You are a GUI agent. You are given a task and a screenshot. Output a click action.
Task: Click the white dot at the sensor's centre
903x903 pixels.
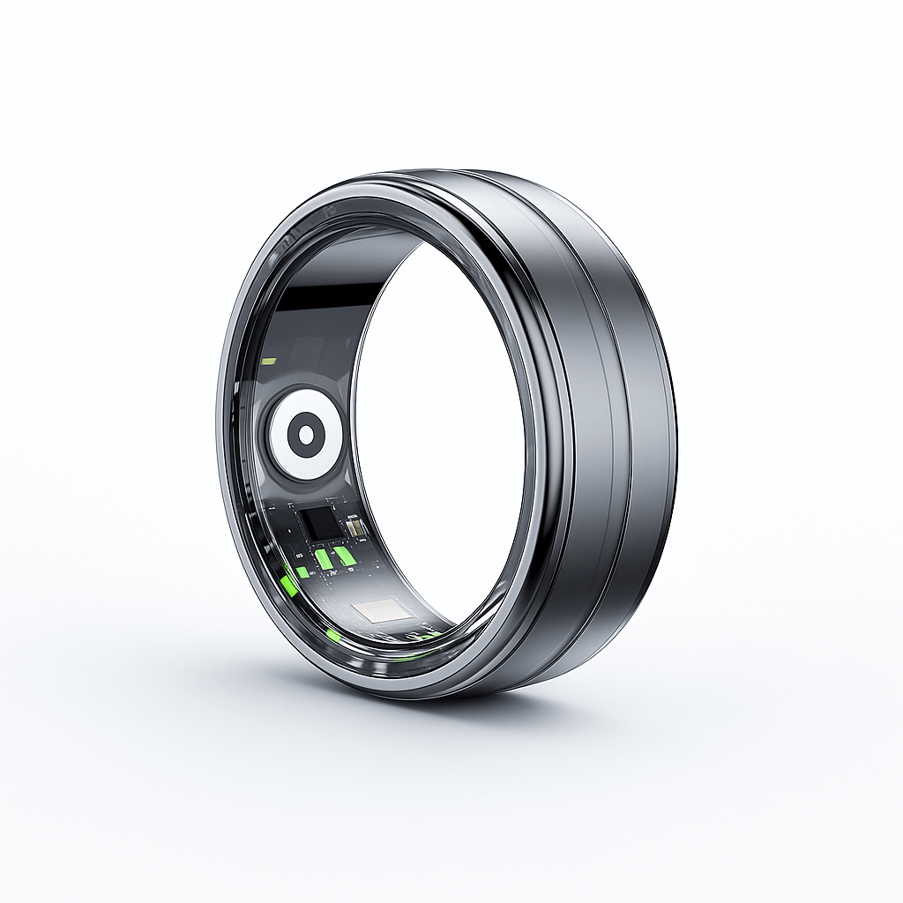click(305, 434)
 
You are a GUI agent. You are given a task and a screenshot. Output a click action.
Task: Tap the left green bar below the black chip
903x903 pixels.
click(324, 557)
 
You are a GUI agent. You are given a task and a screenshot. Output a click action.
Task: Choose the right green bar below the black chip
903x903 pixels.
click(342, 555)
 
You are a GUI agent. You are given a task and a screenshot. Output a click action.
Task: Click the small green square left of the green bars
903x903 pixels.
click(302, 571)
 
